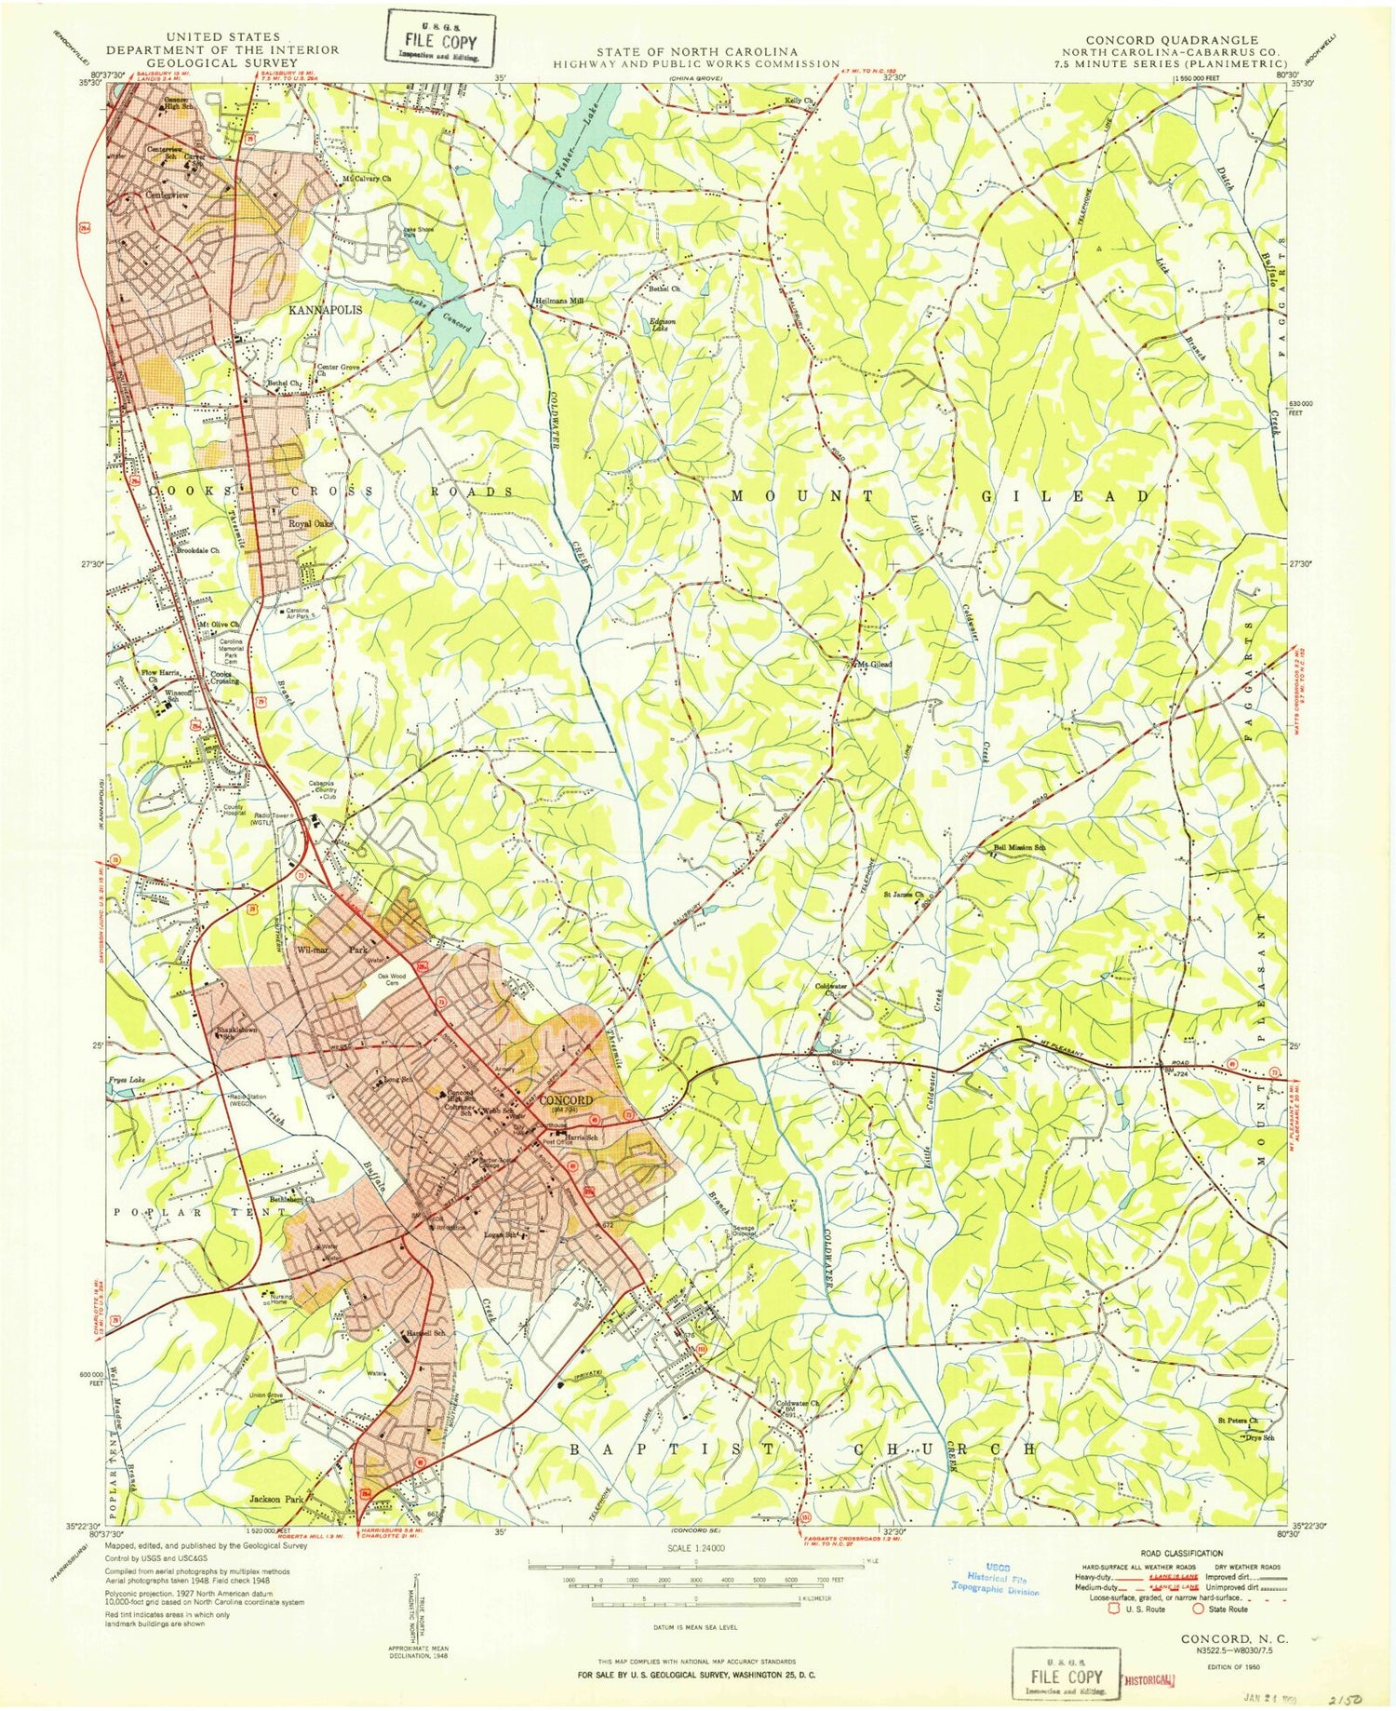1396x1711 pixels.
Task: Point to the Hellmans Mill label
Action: coord(557,302)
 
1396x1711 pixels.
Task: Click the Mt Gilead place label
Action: coord(875,664)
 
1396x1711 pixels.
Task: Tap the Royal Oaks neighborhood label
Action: coord(311,524)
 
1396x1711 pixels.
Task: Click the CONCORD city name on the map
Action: coord(565,1099)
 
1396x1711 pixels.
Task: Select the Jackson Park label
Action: coord(277,1500)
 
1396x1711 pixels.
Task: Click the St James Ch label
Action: coord(903,895)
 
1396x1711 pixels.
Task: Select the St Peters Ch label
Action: coord(1238,1421)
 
